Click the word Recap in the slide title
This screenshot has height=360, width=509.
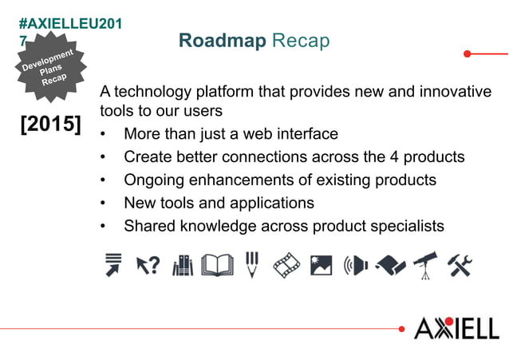click(x=301, y=41)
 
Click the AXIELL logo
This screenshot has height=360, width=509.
click(x=456, y=327)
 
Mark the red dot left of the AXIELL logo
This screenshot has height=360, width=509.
click(x=401, y=328)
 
